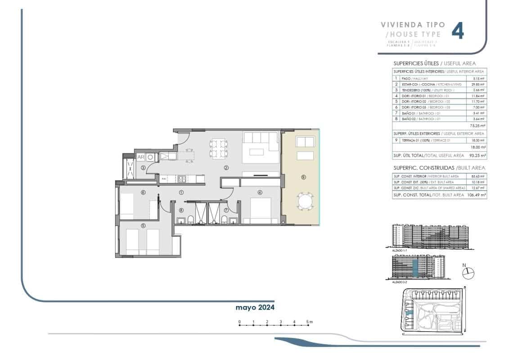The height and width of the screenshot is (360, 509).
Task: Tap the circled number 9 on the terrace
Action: [303, 177]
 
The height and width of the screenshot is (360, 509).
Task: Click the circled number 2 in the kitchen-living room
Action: [226, 167]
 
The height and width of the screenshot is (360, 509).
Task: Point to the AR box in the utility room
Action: [140, 157]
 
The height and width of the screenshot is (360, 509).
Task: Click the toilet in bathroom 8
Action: [191, 219]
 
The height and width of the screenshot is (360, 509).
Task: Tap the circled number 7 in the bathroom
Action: [226, 210]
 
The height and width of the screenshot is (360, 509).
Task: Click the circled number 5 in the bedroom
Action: [143, 225]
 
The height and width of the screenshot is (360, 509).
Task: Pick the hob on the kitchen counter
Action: [181, 179]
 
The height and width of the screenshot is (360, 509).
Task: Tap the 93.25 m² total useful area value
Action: [476, 155]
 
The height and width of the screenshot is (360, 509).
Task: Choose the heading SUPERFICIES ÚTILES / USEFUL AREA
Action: [434, 63]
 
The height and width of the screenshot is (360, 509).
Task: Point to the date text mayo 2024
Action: [255, 307]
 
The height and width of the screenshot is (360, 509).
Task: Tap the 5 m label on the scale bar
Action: [310, 322]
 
